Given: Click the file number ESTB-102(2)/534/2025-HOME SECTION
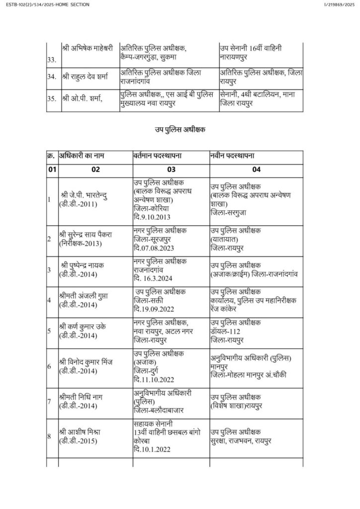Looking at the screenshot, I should pyautogui.click(x=45, y=4).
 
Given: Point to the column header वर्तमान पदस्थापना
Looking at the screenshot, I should pyautogui.click(x=157, y=156).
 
